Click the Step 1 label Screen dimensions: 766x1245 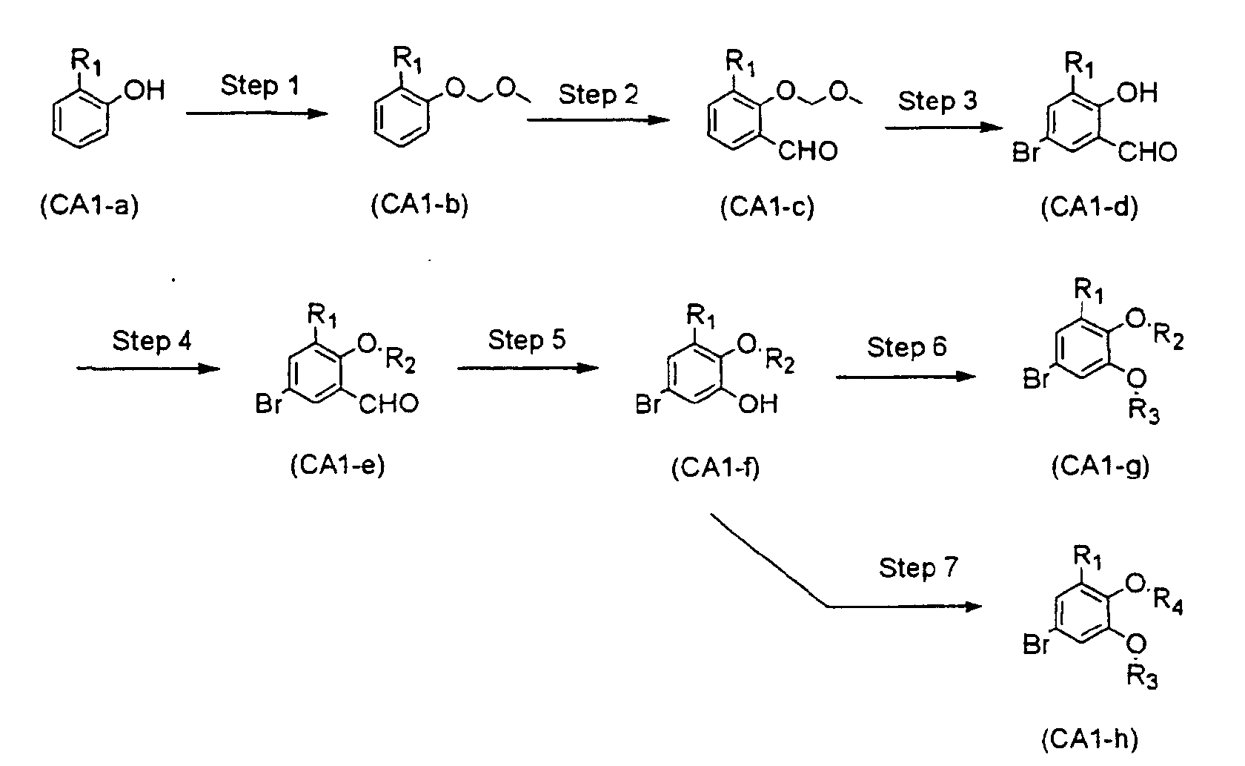260,86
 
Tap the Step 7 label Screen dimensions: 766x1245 918,568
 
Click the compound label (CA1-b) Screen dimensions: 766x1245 419,205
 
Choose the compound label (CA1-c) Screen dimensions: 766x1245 767,207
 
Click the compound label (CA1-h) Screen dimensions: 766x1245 1089,738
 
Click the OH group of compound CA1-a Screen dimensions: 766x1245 144,91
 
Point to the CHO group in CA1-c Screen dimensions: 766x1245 809,151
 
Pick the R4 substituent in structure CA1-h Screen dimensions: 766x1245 1169,607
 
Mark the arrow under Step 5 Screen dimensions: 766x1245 528,367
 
